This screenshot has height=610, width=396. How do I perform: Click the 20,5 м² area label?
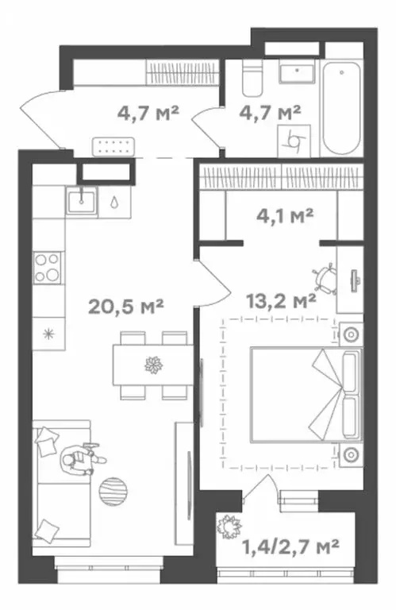point(125,306)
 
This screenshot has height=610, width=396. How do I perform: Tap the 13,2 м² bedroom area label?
point(281,300)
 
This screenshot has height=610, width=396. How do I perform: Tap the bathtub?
point(341,108)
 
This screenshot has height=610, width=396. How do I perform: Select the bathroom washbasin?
point(297,72)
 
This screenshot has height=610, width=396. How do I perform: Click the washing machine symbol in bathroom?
point(294,141)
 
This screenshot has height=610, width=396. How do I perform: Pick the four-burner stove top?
point(48,268)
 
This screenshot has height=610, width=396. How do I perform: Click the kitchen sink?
point(81,200)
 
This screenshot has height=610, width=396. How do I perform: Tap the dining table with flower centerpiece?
point(153,365)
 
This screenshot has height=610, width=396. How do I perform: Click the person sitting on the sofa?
point(82,458)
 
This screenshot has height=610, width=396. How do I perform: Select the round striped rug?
point(113,492)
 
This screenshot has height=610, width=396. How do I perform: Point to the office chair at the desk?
point(325,279)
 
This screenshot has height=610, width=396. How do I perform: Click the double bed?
point(306,395)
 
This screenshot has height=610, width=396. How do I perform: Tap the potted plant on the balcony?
point(229,527)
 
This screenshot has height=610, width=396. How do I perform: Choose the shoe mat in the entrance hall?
point(113,147)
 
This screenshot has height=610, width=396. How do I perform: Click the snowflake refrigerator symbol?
point(48,334)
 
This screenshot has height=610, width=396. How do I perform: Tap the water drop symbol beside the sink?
point(114,203)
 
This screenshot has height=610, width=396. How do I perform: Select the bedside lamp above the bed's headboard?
point(352,334)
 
